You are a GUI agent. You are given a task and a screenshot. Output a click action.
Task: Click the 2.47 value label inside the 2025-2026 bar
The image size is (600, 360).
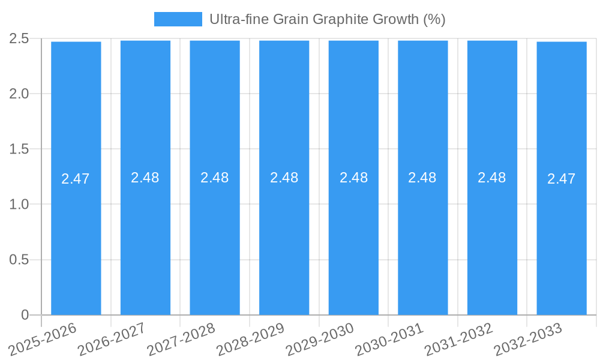point(76,179)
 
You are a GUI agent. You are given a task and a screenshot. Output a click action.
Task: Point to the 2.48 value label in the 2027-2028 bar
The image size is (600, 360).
point(214,178)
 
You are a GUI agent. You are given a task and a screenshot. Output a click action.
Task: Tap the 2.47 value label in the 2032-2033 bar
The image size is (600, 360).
point(562,179)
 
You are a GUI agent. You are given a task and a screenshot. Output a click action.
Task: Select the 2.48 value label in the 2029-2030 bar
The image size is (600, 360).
point(353,178)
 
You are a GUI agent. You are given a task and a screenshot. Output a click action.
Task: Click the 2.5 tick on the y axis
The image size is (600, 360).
point(19,38)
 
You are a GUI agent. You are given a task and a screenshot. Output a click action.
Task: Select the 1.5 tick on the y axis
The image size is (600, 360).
point(19,149)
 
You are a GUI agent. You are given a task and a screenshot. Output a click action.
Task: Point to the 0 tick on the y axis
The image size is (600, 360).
point(25,315)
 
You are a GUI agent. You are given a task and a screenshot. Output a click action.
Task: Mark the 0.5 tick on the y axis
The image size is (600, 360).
point(19,260)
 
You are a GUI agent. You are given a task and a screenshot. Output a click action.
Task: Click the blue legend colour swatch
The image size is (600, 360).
point(178,19)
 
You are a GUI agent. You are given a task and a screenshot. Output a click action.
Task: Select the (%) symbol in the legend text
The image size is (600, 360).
point(434,19)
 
